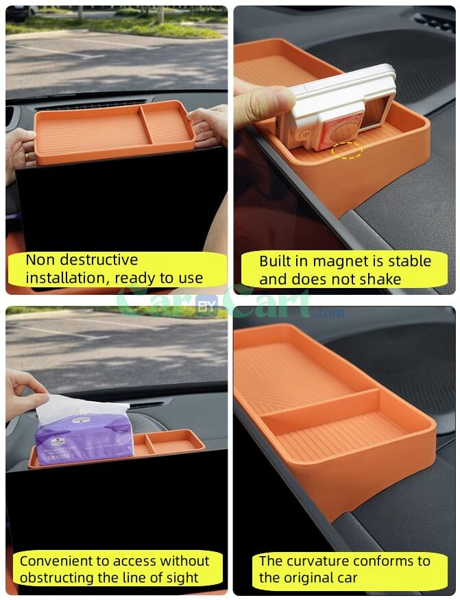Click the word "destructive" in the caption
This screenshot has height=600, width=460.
(x=99, y=260)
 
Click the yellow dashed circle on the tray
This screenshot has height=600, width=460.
(x=347, y=149)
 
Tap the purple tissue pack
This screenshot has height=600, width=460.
(x=84, y=440)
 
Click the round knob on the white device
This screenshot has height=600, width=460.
(x=342, y=133)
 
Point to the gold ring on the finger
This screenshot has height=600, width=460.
(x=26, y=156)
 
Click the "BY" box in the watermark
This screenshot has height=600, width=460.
(x=206, y=305)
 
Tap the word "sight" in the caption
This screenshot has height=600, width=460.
(x=186, y=578)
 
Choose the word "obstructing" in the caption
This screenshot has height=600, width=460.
(x=57, y=577)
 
